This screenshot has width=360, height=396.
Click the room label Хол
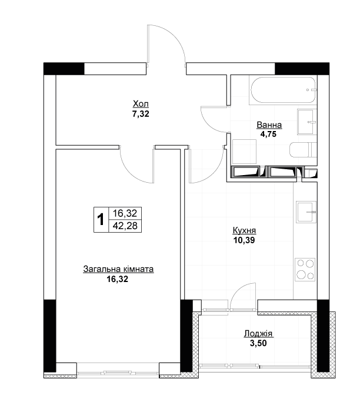(141, 104)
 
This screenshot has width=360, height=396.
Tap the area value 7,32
(141, 114)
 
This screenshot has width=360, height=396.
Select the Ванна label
(269, 125)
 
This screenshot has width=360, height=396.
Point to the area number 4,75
(268, 134)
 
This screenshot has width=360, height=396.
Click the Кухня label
(244, 230)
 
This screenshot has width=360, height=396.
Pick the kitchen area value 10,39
(244, 240)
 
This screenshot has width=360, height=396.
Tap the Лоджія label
(258, 334)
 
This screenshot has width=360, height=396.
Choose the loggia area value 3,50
(258, 343)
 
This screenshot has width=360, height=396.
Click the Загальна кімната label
(118, 269)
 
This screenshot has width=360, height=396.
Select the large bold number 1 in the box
(101, 219)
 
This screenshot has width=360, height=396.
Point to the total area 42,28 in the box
(125, 226)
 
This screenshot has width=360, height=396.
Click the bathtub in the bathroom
(283, 90)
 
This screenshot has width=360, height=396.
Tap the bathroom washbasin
(306, 122)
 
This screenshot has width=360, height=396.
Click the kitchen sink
(306, 212)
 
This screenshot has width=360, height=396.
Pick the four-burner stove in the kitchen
(305, 270)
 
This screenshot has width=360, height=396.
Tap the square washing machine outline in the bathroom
(244, 152)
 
